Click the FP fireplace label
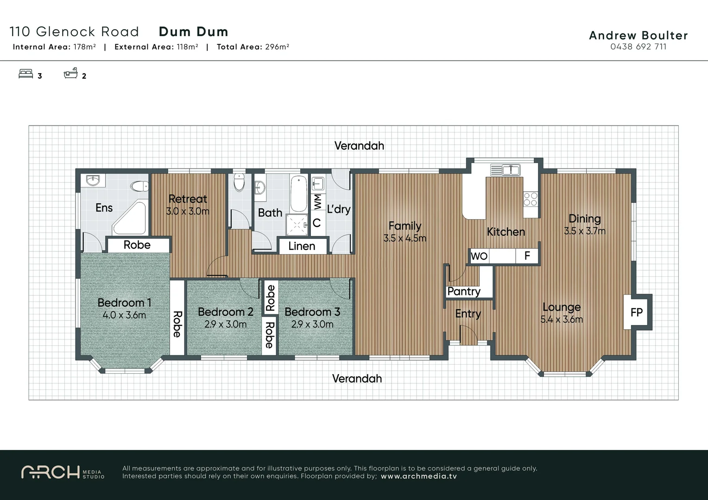tap(636, 312)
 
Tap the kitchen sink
tap(505, 170)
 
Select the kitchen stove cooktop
tap(530, 199)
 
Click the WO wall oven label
tap(479, 256)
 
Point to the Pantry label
tap(464, 291)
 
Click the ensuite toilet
tap(139, 187)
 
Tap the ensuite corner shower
tap(130, 217)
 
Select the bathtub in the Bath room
tap(298, 194)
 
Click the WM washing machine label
tap(318, 202)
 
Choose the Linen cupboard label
tap(302, 246)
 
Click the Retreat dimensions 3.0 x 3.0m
tap(188, 211)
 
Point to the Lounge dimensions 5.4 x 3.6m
tap(561, 319)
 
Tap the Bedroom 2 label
tap(225, 312)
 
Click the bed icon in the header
tap(25, 74)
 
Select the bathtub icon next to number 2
tap(70, 73)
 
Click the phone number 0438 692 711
tap(638, 47)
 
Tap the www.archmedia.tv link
tap(419, 476)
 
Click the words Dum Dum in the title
tap(193, 31)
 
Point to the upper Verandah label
tap(359, 146)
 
